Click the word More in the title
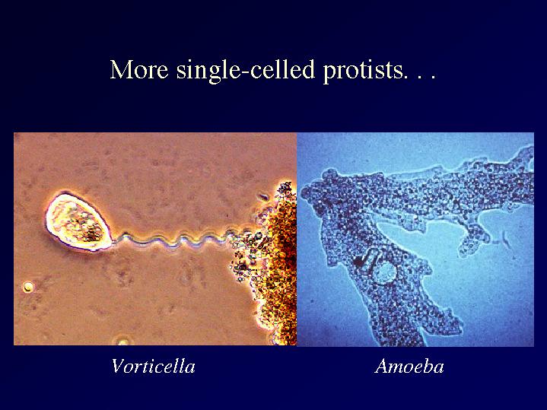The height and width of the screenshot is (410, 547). pyautogui.click(x=139, y=69)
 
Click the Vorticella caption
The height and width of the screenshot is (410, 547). pyautogui.click(x=153, y=367)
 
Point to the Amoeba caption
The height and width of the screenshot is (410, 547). pyautogui.click(x=409, y=367)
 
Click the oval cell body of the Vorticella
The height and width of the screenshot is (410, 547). pyautogui.click(x=78, y=221)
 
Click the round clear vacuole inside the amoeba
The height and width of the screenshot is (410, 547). pyautogui.click(x=384, y=272)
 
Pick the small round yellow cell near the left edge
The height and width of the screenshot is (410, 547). pyautogui.click(x=28, y=288)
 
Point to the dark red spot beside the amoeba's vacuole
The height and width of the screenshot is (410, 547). pyautogui.click(x=358, y=261)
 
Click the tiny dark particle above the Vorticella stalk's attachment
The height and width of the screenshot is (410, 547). pyautogui.click(x=262, y=197)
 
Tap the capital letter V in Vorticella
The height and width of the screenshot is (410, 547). pyautogui.click(x=119, y=366)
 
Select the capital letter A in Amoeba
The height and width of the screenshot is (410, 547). pyautogui.click(x=383, y=366)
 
